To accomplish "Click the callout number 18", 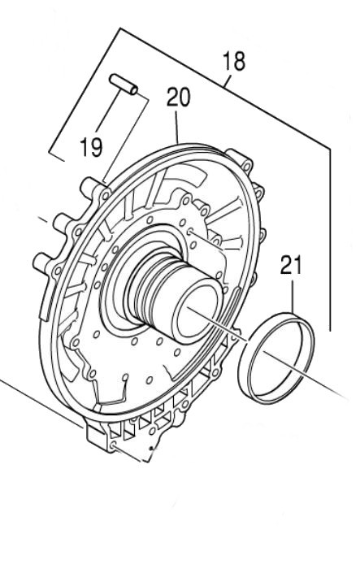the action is [234, 62].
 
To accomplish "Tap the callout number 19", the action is [92, 147].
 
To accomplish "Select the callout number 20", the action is [179, 98].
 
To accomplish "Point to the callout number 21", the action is [291, 265].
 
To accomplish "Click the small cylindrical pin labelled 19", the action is [124, 85].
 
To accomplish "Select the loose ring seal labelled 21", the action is [276, 358].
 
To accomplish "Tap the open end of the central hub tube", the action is [199, 312].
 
